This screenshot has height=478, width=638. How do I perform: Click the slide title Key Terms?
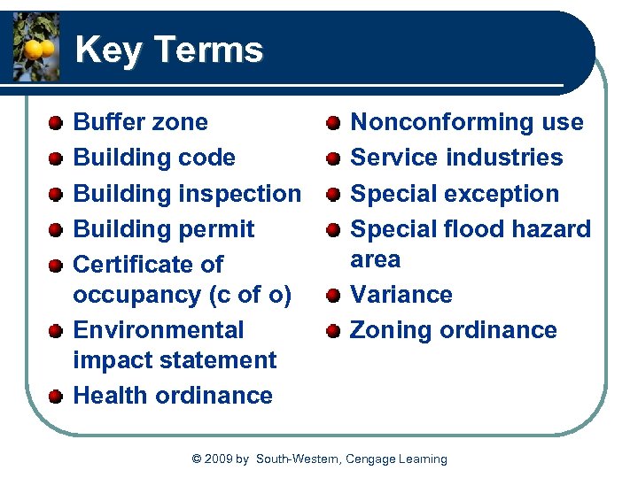pos(169,50)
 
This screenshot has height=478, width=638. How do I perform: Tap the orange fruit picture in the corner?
pos(35,47)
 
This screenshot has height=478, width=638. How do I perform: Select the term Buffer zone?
pos(140,122)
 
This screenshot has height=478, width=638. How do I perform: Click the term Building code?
pos(154,158)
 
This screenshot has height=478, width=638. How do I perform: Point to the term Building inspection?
pos(187,193)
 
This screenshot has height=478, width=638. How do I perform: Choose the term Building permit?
pos(163,228)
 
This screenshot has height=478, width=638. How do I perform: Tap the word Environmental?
pos(158,330)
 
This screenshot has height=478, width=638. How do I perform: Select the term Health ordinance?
pos(173,395)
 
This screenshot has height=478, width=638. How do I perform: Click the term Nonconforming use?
pos(467,122)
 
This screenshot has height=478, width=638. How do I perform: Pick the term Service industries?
pos(456,158)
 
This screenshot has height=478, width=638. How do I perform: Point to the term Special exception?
pos(455,193)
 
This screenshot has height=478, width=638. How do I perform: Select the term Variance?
pos(401,294)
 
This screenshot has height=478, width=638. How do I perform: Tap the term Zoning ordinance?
pos(454,330)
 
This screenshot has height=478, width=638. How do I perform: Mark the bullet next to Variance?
pos(333,295)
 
